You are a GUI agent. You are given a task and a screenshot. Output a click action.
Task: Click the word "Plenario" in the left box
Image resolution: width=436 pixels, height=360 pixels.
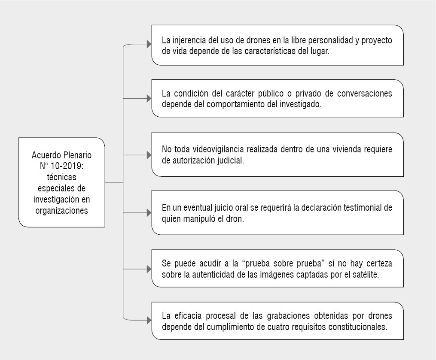[x=77, y=155]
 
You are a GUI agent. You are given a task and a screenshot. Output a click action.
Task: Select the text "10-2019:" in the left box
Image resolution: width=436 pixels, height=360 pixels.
[x=67, y=166]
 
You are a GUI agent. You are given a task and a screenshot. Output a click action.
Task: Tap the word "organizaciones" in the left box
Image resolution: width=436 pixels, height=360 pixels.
[x=62, y=210]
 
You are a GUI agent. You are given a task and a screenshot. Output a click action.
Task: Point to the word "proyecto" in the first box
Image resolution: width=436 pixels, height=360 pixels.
[x=377, y=41]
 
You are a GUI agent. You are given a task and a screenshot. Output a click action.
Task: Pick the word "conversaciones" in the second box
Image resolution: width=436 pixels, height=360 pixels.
[x=365, y=94]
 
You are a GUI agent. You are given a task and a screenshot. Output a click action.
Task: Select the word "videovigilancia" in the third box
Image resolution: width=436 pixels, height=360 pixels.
[x=218, y=149]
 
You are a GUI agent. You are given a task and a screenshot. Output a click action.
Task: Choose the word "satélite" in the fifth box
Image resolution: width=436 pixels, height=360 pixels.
[x=365, y=275]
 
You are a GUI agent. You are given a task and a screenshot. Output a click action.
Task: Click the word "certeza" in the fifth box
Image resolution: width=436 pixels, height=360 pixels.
[x=379, y=263]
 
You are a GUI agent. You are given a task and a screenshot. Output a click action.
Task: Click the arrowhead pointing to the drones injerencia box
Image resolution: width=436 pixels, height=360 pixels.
[x=149, y=44]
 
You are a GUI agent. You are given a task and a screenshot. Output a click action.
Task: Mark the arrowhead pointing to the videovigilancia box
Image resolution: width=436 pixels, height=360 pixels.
[x=149, y=155]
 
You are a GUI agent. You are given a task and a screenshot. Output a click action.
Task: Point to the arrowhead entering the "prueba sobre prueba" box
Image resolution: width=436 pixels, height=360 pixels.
[x=149, y=269]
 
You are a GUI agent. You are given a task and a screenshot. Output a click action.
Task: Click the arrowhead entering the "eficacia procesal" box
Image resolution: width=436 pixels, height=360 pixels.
[x=149, y=320]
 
